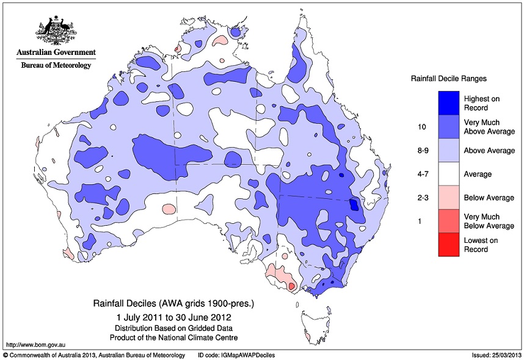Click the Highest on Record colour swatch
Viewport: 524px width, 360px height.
coord(448,103)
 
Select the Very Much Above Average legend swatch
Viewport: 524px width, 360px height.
coord(448,126)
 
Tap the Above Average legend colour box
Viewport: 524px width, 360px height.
coord(448,150)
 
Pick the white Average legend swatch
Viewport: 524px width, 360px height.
coord(448,174)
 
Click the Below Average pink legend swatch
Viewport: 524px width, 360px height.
coord(448,198)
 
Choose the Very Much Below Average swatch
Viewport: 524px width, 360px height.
coord(448,221)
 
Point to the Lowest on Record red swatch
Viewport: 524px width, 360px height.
coord(448,245)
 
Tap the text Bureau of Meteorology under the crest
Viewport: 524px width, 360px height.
coord(56,65)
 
